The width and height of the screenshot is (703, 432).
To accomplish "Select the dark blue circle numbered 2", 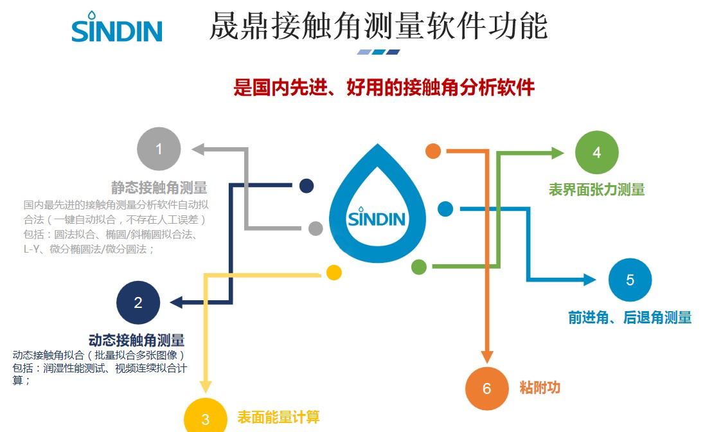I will pos(138,303).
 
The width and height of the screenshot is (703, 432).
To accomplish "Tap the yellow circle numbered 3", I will pos(206,419).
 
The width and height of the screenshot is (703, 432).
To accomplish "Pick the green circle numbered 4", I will pos(597,152).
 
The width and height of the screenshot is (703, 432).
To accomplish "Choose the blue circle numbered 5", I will pos(630,280).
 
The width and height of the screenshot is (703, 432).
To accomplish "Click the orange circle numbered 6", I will pos(487,388).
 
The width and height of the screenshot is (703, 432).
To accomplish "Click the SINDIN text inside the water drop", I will pos(377,218).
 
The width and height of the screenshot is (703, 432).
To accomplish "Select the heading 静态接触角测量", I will pos(159,188).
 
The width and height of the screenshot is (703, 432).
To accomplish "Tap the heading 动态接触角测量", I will pos(136,340).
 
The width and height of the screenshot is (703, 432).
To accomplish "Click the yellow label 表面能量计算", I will pos(278,417).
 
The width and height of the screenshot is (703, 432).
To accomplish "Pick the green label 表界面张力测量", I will pos(596,189).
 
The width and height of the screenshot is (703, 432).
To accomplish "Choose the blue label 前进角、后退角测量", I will pos(630,317).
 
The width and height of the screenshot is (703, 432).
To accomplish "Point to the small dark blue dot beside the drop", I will pos(307,186).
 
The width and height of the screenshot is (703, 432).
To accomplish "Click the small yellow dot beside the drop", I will pos(334,273).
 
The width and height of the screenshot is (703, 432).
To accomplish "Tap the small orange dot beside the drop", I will pos(433,151).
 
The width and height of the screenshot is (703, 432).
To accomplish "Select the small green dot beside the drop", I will pos(418,266).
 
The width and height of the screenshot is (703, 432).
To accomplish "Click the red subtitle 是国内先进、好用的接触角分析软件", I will pos(384,87).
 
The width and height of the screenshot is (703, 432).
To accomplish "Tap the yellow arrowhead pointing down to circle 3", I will pos(206,386).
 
